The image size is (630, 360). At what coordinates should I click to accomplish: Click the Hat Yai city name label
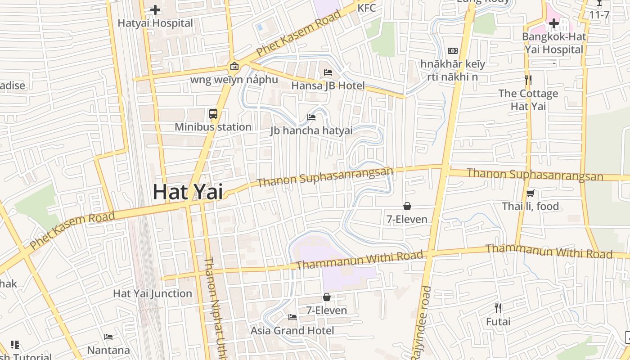point(188,192)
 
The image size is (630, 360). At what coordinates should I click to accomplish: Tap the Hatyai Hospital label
point(155,23)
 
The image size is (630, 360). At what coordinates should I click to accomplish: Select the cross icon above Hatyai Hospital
point(155,9)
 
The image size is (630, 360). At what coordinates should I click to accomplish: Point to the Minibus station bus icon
point(213,114)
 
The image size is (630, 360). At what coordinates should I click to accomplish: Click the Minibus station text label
point(213,127)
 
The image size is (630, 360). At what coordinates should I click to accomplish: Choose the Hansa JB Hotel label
point(328,85)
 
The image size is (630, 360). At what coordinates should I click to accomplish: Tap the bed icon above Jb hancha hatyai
point(311,117)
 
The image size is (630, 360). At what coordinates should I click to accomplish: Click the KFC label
point(366,8)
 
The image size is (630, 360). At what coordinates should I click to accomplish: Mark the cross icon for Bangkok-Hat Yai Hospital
point(554,24)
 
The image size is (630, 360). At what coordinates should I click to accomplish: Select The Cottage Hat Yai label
point(528,100)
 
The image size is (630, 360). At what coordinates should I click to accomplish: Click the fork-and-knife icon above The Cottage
point(528,81)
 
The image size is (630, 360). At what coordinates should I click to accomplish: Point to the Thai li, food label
point(531,207)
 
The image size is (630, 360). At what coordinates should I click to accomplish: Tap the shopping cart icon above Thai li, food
point(531,193)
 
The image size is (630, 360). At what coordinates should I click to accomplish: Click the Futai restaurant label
point(498,322)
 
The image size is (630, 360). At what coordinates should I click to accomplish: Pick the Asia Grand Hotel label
point(292,331)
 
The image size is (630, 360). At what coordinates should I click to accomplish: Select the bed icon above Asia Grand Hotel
point(292,317)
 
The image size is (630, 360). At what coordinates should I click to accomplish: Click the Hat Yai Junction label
point(153,293)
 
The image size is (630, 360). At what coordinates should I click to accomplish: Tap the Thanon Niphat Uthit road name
point(215,306)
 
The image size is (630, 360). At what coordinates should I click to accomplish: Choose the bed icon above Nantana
point(108,337)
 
